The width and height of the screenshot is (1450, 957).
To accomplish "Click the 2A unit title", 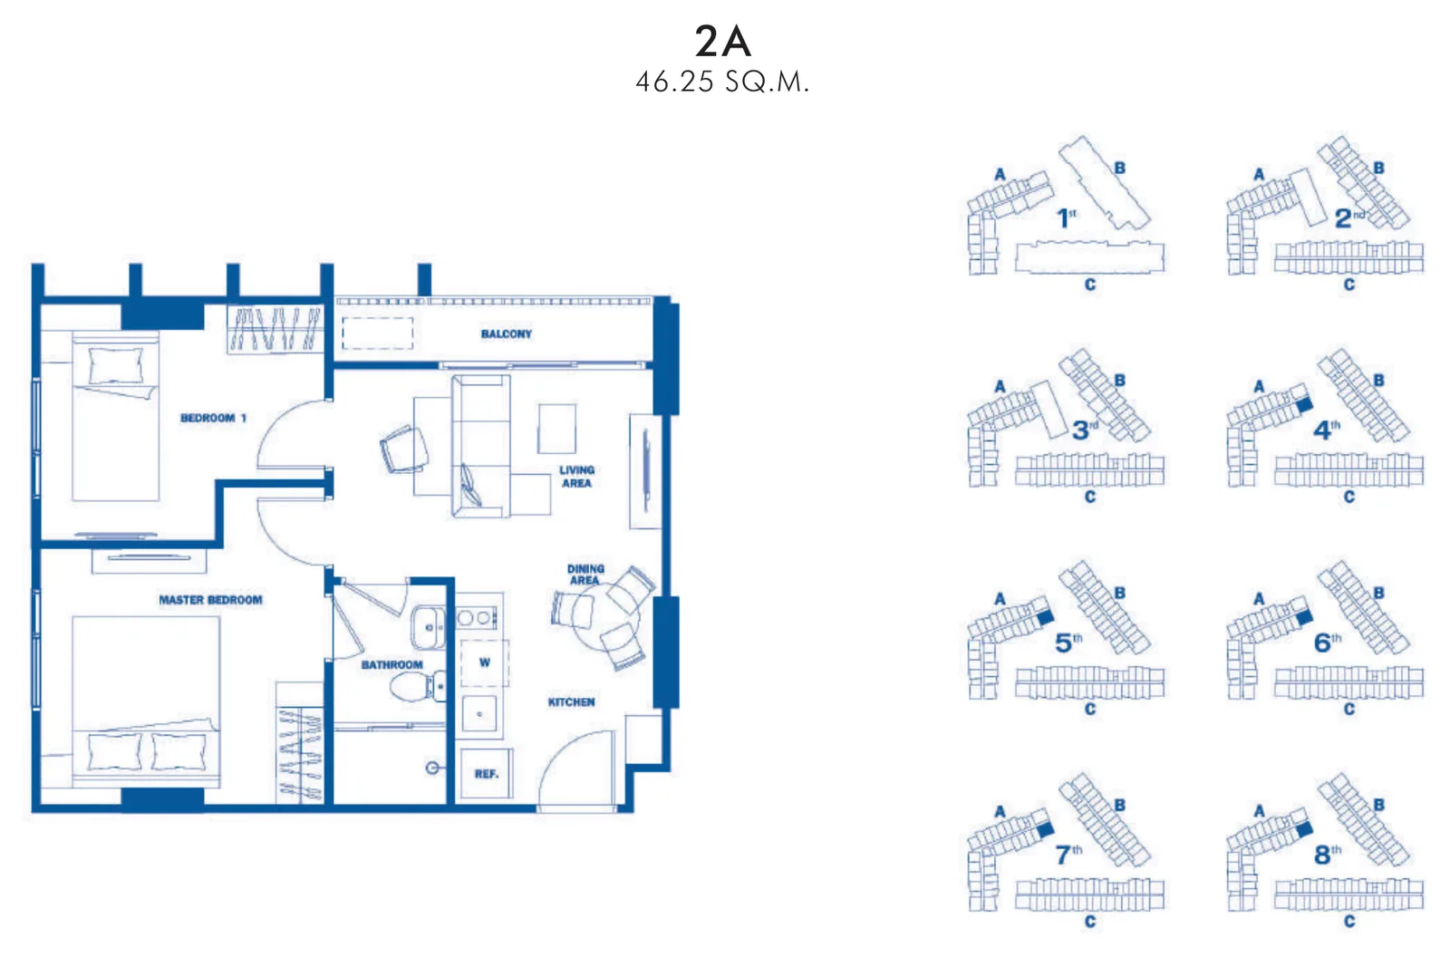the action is point(722,41).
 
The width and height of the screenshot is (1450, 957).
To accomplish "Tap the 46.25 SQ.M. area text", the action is point(722,82).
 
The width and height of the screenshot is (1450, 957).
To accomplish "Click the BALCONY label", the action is point(507,334).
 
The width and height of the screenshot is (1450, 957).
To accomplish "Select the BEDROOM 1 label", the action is point(214,419).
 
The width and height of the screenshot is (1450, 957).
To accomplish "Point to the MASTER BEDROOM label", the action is point(211,600).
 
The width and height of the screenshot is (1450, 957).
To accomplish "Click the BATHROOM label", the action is point(391,665).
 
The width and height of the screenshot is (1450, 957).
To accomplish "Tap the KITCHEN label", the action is point(572,702).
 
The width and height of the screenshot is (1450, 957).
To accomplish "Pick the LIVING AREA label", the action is point(576,477).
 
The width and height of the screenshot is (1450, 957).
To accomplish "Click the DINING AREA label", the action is point(585,575).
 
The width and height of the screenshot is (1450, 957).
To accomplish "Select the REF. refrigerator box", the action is point(487,773).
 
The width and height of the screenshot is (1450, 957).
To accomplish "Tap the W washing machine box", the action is point(484,662).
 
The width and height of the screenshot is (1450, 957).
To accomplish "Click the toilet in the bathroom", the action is point(418,686).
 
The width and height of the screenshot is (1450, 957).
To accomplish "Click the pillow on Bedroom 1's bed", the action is point(115,366).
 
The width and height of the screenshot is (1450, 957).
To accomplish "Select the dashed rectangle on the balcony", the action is point(377,333).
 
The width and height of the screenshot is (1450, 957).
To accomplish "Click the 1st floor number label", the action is point(1066,217).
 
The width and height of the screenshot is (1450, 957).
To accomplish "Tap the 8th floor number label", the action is point(1327,855).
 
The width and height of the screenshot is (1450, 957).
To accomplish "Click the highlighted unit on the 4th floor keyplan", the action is point(1305,405).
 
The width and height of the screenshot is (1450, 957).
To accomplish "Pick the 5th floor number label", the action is point(1068,643).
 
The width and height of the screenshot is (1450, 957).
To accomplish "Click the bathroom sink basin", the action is point(429,627).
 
